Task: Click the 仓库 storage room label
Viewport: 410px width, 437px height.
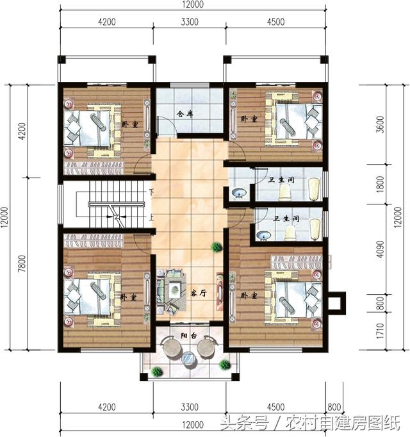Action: (x=185, y=113)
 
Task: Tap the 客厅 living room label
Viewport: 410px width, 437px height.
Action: (x=199, y=293)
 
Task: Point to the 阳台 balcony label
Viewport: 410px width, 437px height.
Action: (x=189, y=336)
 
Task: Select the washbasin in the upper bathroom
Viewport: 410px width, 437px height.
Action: (x=239, y=193)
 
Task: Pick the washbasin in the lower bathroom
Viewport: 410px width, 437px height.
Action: (x=263, y=236)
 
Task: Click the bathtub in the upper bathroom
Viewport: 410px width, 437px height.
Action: (x=314, y=189)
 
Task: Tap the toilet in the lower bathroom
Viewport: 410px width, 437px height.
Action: (x=290, y=233)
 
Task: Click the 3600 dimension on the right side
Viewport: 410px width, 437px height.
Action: (x=380, y=124)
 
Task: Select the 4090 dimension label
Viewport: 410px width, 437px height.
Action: (x=380, y=249)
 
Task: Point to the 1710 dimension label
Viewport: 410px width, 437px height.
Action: (x=380, y=331)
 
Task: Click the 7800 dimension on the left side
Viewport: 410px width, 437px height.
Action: (x=22, y=263)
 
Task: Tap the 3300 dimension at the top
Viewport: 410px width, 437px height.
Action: (x=190, y=22)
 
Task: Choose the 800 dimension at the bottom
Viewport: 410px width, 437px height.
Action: (x=334, y=407)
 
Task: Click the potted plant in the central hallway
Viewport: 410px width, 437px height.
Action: (x=217, y=247)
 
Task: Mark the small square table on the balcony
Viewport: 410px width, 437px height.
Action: (x=188, y=358)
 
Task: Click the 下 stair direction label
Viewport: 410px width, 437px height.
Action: (x=151, y=192)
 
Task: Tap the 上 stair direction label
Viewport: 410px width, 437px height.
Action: (x=151, y=217)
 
